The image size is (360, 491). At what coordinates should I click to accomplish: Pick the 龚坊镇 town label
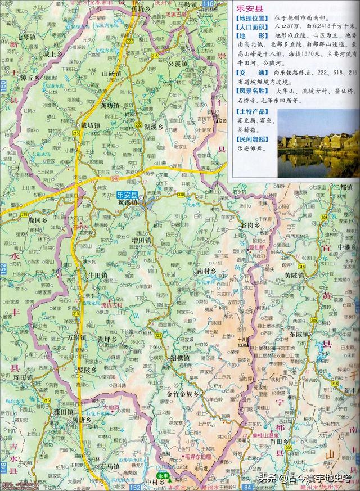click(x=110, y=104)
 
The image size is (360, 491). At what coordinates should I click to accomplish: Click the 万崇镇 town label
click(x=76, y=337)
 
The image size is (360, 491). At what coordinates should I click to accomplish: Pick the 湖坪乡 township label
click(x=107, y=340)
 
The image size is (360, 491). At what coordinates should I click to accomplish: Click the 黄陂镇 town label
click(x=293, y=276)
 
